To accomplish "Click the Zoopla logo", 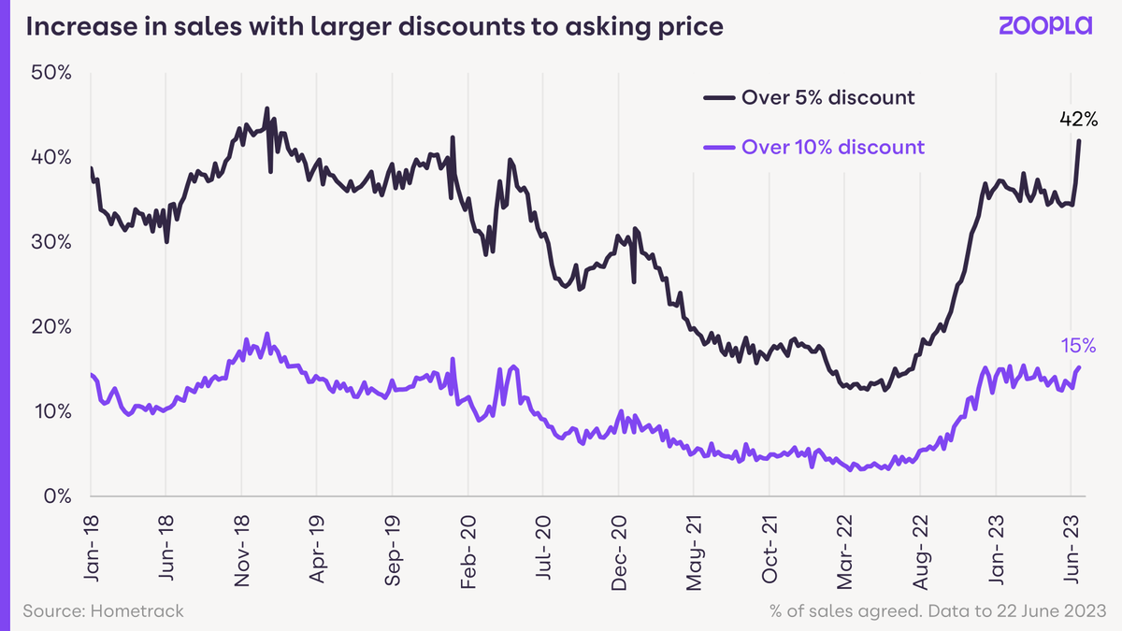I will [x=1044, y=27].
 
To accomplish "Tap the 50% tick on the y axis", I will [x=51, y=72].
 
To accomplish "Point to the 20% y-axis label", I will [x=51, y=326].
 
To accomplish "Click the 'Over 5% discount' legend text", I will [x=827, y=97].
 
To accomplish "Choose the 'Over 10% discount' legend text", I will [x=832, y=147].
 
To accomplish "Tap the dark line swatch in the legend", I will [x=718, y=97].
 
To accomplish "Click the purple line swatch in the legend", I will [x=718, y=147].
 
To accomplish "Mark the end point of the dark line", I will [x=1080, y=141].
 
